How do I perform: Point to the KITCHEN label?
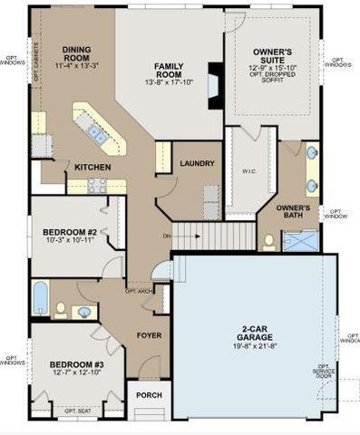[x=92, y=168]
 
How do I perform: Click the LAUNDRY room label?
[x=197, y=163]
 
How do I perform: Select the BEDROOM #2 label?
[x=69, y=232]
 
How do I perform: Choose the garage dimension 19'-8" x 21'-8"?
[x=252, y=344]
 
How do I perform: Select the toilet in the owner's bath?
[x=269, y=242]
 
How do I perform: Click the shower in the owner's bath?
[x=301, y=240]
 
